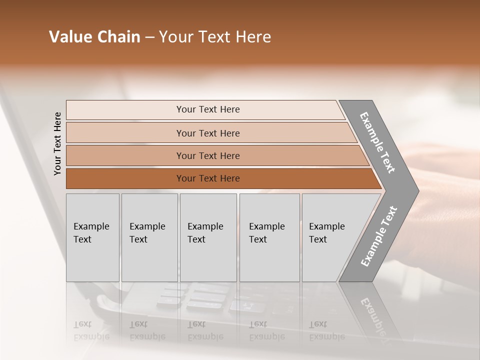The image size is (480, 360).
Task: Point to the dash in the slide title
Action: point(149,37)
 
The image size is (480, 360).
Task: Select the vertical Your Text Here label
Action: point(57,143)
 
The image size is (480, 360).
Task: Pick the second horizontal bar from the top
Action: point(207,133)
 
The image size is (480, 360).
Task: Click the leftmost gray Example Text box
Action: point(92,237)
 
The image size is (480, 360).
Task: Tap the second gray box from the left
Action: point(149,237)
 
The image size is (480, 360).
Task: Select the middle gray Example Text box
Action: point(208,237)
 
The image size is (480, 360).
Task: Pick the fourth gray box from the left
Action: point(269,237)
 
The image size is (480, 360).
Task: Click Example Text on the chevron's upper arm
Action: point(377,143)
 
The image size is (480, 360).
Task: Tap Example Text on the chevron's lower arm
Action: point(379,236)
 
